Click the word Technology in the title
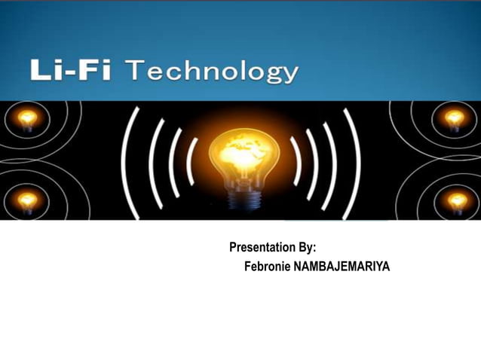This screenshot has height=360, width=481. (x=212, y=73)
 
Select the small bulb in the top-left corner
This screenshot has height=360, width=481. (x=27, y=119)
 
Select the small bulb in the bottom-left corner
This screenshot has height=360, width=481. (x=27, y=200)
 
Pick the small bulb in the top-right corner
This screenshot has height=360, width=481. (x=454, y=119)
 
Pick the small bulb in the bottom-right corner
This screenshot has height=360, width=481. (x=457, y=200)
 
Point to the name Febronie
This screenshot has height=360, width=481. (x=268, y=266)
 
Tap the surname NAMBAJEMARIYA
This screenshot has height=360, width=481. (x=342, y=266)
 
